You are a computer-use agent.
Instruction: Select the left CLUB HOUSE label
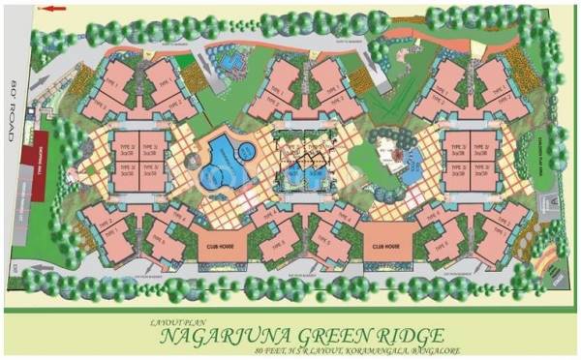[222, 245]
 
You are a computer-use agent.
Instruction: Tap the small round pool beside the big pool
[248, 150]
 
